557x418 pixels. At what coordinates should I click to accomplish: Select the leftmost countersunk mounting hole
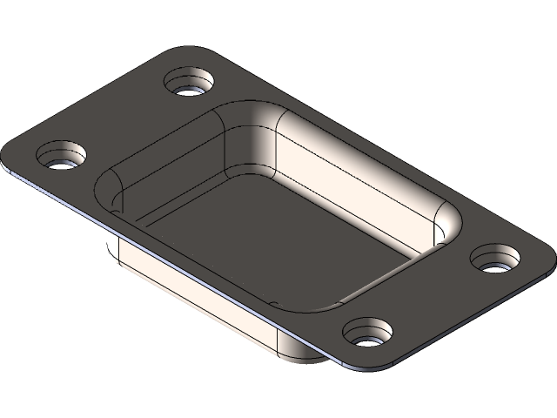pyautogui.click(x=62, y=159)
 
